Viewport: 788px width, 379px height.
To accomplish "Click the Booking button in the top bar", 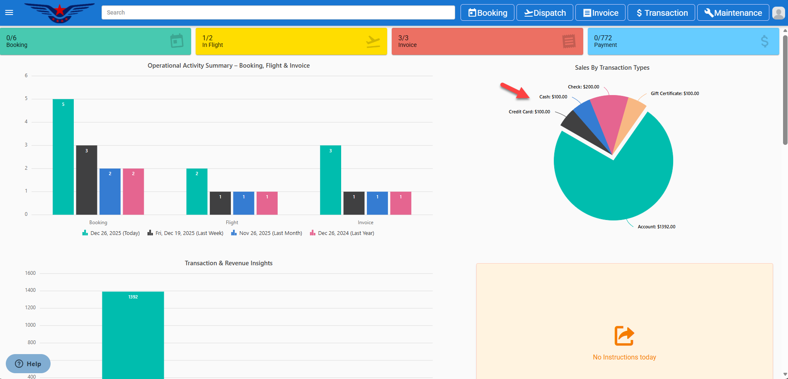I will (x=487, y=12).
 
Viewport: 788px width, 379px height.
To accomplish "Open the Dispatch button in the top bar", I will (x=545, y=12).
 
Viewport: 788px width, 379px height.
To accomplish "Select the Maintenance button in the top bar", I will (x=733, y=12).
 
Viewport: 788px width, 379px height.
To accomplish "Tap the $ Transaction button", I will (x=662, y=12).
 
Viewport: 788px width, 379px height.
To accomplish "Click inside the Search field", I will (x=278, y=12).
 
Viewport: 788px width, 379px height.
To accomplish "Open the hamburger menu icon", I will (x=9, y=12).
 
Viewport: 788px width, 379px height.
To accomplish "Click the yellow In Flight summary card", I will (x=291, y=41).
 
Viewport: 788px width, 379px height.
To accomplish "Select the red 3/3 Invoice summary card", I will (x=487, y=41).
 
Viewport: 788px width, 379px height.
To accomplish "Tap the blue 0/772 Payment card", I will (x=683, y=41).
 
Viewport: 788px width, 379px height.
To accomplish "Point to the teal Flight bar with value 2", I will (x=197, y=191).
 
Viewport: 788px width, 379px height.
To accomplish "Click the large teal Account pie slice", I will (x=613, y=183).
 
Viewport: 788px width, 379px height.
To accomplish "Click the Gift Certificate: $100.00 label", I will (x=674, y=93).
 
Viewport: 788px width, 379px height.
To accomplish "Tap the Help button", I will (x=28, y=364).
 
